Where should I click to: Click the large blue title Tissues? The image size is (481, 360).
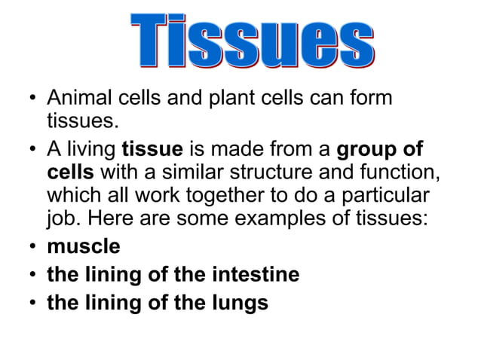[x=252, y=41]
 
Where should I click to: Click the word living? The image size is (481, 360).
[x=91, y=148]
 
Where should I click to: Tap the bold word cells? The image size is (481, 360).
[x=69, y=172]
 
